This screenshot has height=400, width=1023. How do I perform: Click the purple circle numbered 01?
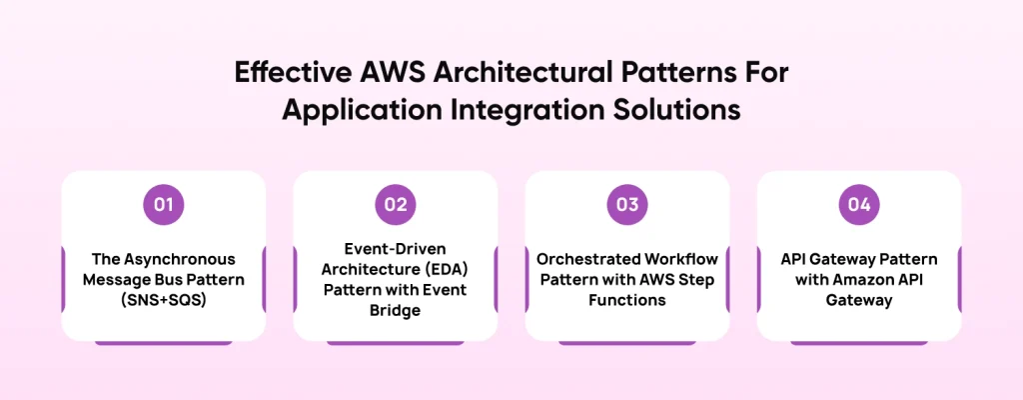click(x=163, y=205)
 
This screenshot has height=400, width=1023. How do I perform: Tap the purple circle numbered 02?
click(x=395, y=205)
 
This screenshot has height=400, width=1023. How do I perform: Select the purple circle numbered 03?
click(x=626, y=205)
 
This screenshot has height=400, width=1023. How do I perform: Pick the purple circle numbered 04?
click(x=858, y=205)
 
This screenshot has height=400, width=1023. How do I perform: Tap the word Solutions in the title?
click(x=676, y=107)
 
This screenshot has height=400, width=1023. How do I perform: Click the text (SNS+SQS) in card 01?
click(x=163, y=299)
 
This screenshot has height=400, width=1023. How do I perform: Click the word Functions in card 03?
click(x=626, y=299)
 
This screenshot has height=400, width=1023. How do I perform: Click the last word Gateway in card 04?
click(x=858, y=299)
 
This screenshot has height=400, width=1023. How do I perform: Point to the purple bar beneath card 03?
click(x=626, y=342)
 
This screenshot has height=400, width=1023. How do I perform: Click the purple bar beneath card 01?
click(x=163, y=342)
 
